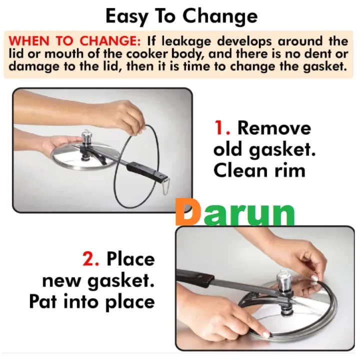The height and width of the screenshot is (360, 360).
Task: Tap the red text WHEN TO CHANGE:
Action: click(75, 41)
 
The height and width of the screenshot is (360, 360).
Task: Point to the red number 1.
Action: click(222, 128)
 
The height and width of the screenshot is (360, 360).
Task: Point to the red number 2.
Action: click(90, 259)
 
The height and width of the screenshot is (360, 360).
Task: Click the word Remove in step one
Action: click(274, 128)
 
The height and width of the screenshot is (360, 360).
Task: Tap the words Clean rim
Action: click(259, 170)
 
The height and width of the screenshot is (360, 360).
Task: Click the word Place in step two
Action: click(130, 259)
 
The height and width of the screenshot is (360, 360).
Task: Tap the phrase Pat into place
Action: click(92, 301)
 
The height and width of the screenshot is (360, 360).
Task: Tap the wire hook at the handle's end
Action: click(165, 186)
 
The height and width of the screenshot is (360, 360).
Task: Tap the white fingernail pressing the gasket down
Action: click(266, 334)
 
